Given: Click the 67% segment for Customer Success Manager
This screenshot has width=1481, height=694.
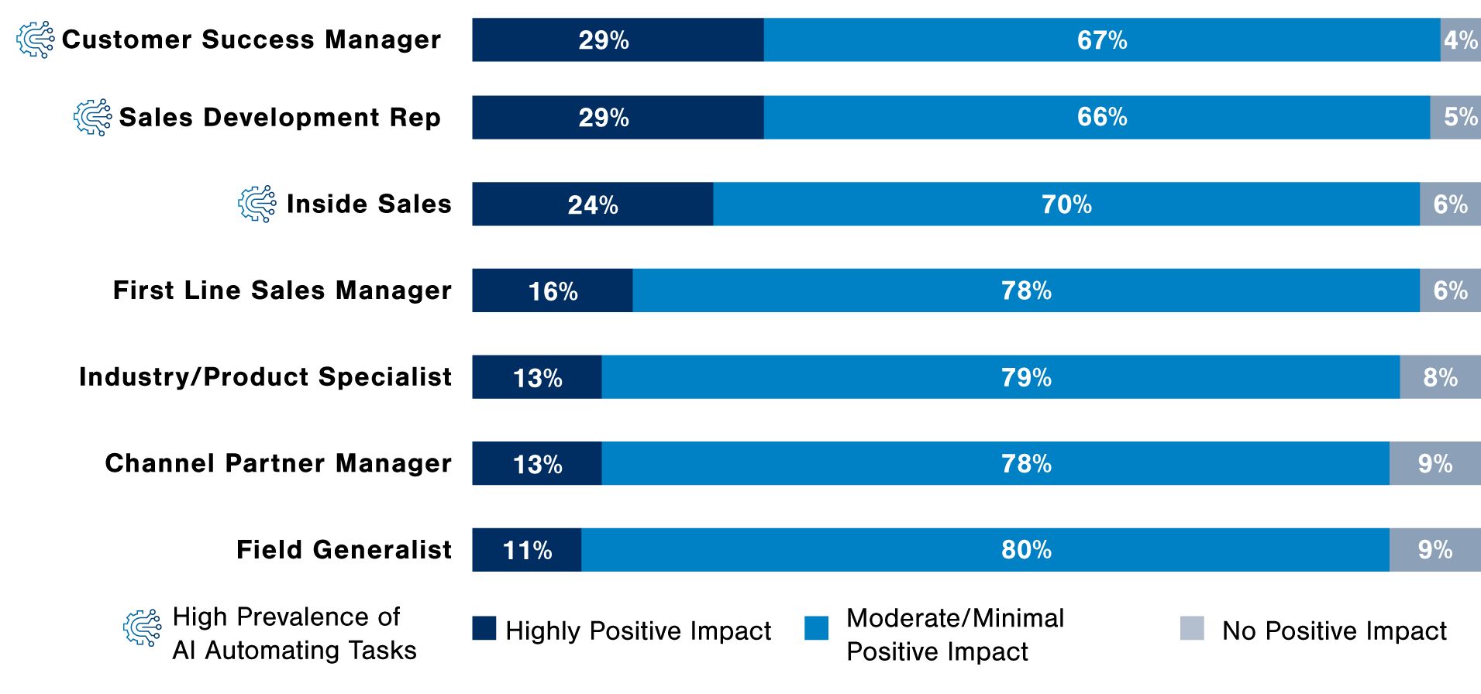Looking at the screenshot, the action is tap(1102, 40).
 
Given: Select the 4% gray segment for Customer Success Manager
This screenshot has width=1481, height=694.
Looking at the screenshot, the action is tap(1461, 40).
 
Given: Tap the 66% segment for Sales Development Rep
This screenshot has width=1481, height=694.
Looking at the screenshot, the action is tap(1097, 117).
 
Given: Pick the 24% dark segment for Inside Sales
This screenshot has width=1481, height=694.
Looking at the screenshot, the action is tap(593, 204).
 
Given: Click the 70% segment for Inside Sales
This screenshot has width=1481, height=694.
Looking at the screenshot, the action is tap(1066, 204).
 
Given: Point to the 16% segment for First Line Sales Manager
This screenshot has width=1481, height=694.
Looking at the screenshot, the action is tap(553, 290).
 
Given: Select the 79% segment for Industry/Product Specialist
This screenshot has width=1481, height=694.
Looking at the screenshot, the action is tap(1001, 377).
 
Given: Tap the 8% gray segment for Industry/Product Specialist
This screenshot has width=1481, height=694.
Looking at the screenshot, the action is tap(1440, 377).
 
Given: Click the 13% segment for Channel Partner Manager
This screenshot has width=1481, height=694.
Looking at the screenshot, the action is tap(537, 463).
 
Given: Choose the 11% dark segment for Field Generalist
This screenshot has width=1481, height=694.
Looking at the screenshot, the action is tap(527, 550).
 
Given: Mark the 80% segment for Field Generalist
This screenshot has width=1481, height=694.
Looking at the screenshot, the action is tap(985, 550).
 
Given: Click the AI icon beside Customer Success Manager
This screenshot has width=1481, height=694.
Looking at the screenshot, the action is tap(36, 40).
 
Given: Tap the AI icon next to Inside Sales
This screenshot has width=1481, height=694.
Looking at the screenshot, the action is tap(257, 204).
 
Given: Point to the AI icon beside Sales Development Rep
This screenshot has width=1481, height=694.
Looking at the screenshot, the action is tap(93, 117).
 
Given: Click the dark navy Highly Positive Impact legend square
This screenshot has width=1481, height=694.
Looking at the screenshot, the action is tap(484, 628).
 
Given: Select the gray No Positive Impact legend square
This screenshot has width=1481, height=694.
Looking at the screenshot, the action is tap(1192, 628).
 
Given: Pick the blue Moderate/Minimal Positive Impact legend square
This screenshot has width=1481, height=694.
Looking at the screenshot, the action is tap(817, 628).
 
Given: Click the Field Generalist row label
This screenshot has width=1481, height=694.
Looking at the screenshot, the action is tap(344, 549).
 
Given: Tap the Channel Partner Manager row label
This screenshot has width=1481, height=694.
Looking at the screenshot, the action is tap(278, 463).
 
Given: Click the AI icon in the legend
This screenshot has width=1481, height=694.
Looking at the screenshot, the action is tap(143, 628).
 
